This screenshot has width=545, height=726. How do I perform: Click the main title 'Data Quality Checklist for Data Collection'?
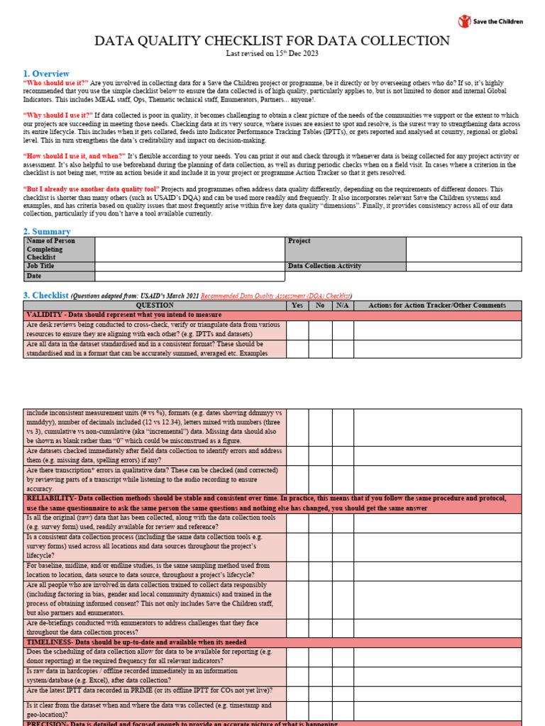272,41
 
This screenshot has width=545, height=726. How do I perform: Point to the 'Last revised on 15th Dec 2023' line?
272,55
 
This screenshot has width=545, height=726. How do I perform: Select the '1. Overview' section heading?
46,74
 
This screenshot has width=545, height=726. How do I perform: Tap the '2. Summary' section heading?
47,231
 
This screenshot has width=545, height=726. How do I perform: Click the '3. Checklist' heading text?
46,295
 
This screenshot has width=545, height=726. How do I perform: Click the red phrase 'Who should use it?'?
57,83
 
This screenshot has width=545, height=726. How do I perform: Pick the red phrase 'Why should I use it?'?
58,115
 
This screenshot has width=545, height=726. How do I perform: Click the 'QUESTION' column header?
155,306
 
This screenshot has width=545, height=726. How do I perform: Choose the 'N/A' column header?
343,306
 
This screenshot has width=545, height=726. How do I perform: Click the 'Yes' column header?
297,306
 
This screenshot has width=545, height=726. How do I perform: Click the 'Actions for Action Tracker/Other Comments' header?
438,306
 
